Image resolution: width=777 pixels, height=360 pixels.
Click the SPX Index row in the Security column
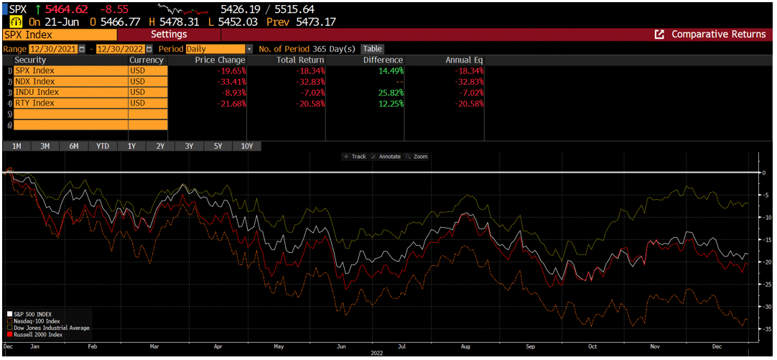point(70,71)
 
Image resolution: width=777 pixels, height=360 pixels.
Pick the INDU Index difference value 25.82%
point(390,93)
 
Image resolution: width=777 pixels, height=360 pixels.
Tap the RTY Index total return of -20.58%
point(310,103)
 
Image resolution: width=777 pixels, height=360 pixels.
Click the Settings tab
point(169,34)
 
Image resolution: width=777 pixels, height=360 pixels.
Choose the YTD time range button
point(103,146)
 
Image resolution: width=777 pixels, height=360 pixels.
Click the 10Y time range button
point(246,146)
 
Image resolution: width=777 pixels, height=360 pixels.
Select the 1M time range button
point(17,146)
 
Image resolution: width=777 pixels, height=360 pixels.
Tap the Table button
point(372,49)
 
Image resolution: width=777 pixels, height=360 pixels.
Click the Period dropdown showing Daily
point(219,49)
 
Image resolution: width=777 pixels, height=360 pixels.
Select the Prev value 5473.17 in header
point(315,22)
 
